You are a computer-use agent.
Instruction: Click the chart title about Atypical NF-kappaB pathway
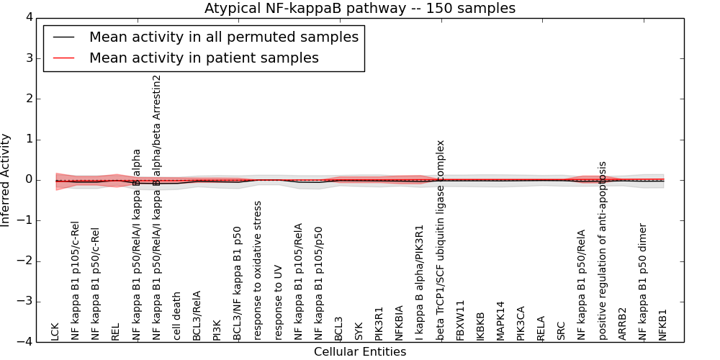pos(360,9)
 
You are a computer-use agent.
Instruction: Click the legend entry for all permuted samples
pos(223,37)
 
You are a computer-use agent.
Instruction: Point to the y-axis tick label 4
pos(28,17)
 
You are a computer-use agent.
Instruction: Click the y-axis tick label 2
pos(28,99)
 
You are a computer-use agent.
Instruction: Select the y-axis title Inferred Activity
pos(6,180)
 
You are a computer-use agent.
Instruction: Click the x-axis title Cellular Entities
pos(360,352)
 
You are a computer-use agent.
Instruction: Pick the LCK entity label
pos(55,331)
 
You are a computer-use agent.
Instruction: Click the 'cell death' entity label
pos(177,316)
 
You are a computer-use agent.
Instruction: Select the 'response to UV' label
pos(279,302)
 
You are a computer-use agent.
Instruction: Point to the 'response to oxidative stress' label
pos(258,270)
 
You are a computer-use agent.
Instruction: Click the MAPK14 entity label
pos(501,320)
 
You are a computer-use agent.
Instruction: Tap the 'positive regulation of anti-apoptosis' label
pos(603,251)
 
